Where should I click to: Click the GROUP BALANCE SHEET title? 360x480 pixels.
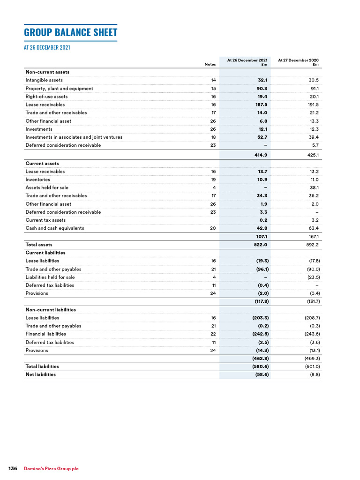tap(70, 33)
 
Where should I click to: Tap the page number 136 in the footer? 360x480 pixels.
tap(13, 469)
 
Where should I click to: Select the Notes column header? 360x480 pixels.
tap(210, 64)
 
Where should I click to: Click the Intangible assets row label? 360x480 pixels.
tap(44, 80)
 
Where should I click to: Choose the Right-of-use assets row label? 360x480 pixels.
tap(46, 97)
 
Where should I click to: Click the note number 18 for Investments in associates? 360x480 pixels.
tap(213, 137)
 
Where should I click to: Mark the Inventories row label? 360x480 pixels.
tap(37, 180)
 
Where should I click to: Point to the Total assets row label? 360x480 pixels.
tap(39, 245)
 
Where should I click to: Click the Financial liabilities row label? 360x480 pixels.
tap(45, 334)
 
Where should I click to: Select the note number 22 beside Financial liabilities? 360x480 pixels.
tap(213, 334)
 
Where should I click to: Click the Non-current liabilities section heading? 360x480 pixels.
tap(51, 310)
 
